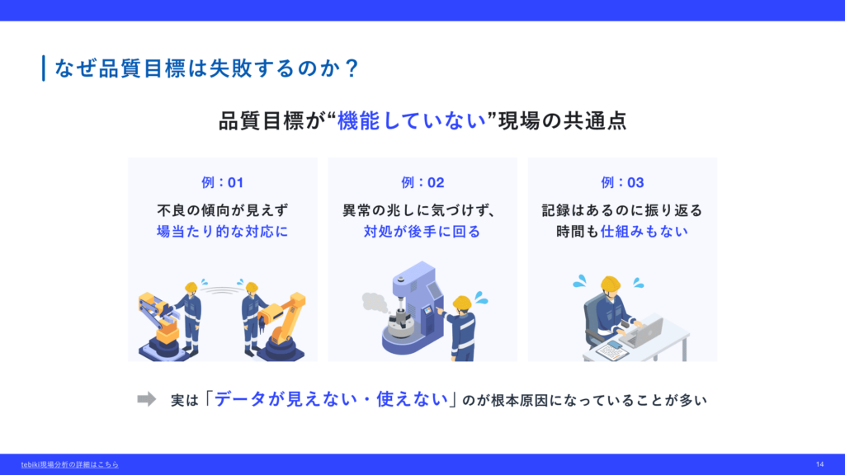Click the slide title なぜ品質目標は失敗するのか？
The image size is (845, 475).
point(206,68)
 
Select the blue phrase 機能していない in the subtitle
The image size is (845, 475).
point(412,120)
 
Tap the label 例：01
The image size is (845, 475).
point(223,182)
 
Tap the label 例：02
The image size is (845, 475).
point(422,182)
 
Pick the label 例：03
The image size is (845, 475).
point(622,182)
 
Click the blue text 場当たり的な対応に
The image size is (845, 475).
point(223,232)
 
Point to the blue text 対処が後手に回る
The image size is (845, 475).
point(422,232)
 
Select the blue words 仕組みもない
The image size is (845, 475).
point(644,232)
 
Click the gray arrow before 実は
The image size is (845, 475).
point(147,399)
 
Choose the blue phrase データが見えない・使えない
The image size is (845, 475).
point(332,399)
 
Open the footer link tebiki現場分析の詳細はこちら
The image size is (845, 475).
point(69,464)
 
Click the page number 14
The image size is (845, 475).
point(819,464)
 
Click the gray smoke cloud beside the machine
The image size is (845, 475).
point(375,303)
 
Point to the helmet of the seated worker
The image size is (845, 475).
point(610,284)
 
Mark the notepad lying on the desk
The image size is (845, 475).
point(611,350)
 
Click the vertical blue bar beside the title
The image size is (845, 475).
point(44,68)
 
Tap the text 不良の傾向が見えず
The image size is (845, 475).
point(223,210)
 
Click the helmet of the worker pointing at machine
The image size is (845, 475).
point(462,303)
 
